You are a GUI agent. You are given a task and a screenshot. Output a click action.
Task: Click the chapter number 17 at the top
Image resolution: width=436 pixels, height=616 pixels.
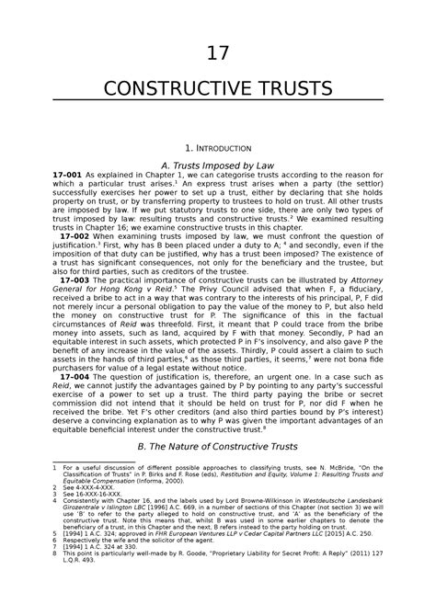pyautogui.click(x=217, y=54)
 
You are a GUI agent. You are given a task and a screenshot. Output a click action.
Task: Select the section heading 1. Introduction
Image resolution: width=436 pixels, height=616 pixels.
pyautogui.click(x=217, y=146)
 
